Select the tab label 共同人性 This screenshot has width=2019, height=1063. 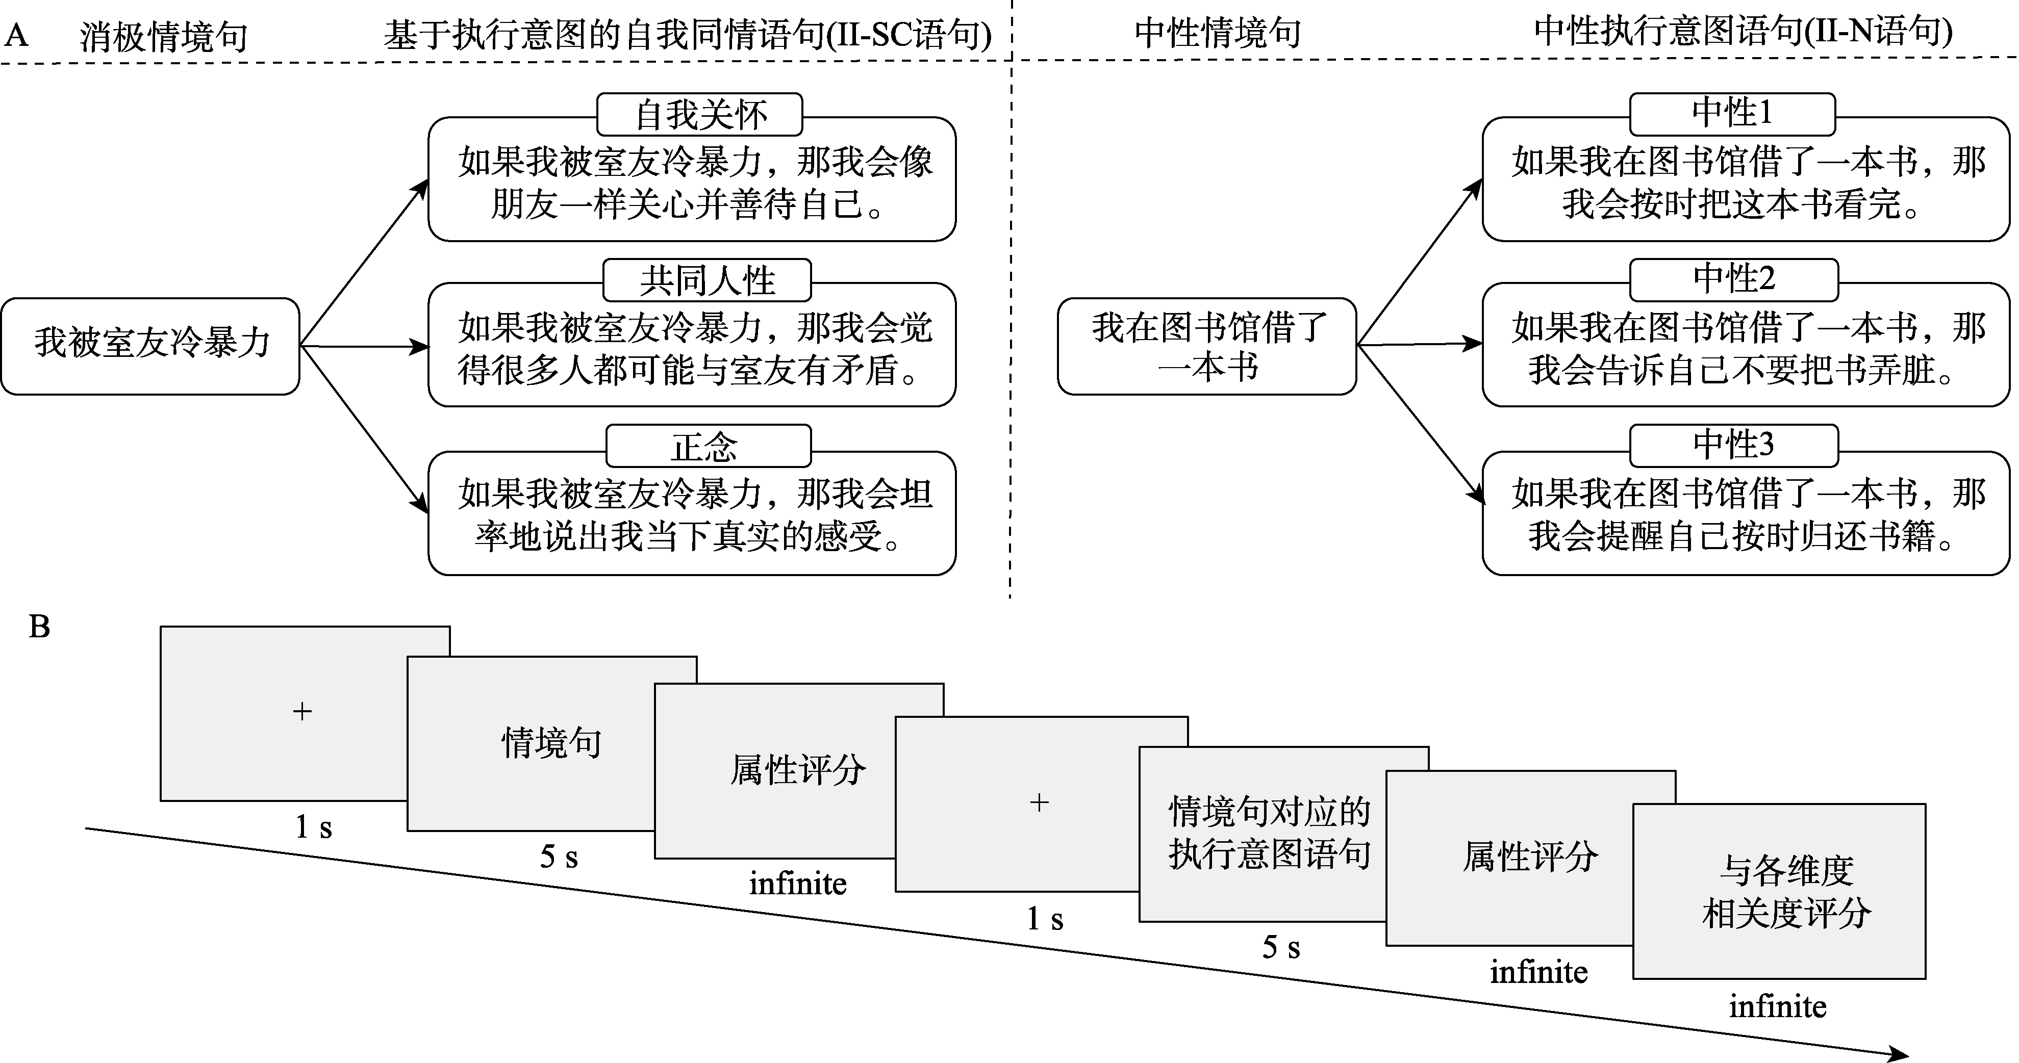[707, 280]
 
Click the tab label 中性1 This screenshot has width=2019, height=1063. [1732, 114]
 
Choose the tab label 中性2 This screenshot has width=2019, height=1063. [1734, 280]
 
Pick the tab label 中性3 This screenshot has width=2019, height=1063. [1734, 445]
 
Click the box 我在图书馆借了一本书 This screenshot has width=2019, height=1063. [1207, 346]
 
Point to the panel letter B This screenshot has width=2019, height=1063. [39, 627]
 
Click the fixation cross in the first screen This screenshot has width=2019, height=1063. [302, 711]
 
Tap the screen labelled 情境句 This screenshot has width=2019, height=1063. [551, 743]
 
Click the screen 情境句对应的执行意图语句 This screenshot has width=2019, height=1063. [1270, 833]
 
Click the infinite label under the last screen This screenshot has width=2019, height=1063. [1778, 1006]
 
